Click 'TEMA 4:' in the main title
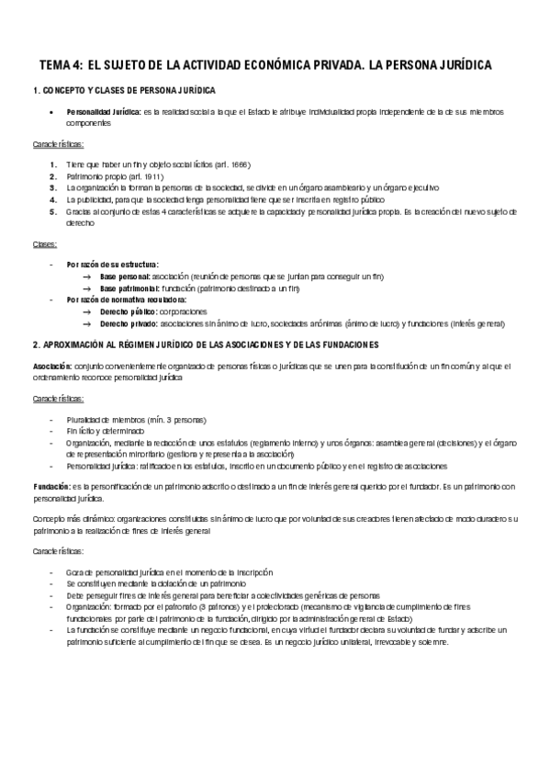[x=61, y=66]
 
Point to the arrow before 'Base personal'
[x=87, y=277]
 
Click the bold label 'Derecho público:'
[x=129, y=312]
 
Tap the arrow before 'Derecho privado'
[x=87, y=324]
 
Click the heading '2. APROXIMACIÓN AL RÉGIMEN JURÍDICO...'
[x=199, y=344]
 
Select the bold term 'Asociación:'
[x=46, y=366]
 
